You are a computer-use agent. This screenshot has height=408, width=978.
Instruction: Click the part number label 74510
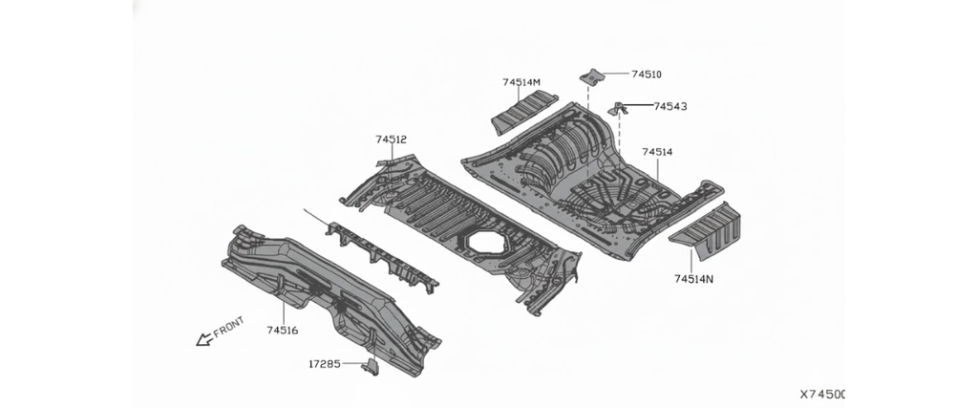pyautogui.click(x=647, y=75)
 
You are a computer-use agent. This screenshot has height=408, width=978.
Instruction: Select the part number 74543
pyautogui.click(x=670, y=107)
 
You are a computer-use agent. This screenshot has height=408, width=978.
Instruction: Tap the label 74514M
pyautogui.click(x=521, y=82)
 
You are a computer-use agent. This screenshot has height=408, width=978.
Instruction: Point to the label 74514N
pyautogui.click(x=693, y=280)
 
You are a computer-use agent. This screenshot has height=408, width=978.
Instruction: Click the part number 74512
pyautogui.click(x=391, y=140)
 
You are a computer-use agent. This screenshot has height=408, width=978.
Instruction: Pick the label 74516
pyautogui.click(x=283, y=330)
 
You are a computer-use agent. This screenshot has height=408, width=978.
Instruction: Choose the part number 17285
pyautogui.click(x=325, y=364)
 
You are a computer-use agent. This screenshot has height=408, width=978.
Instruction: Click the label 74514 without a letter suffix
pyautogui.click(x=657, y=152)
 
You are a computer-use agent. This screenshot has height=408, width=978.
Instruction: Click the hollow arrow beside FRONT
pyautogui.click(x=204, y=339)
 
